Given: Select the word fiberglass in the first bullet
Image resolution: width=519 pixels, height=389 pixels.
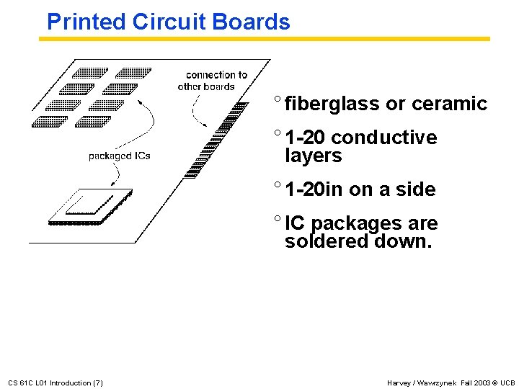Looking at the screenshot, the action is (x=332, y=104).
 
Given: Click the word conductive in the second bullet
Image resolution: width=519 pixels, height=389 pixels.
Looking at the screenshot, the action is (x=384, y=137).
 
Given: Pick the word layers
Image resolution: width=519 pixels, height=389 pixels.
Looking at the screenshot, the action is (x=313, y=156).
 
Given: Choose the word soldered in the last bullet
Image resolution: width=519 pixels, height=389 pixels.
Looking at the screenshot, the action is (x=327, y=241).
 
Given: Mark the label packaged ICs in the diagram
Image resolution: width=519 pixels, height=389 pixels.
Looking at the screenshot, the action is (x=119, y=156).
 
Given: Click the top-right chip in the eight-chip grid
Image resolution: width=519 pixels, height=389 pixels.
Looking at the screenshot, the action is (x=134, y=73).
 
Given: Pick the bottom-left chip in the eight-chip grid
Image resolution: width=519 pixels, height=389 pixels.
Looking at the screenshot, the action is (x=49, y=121).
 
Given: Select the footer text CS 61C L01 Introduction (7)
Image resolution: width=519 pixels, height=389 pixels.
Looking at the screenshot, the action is (x=55, y=383).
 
